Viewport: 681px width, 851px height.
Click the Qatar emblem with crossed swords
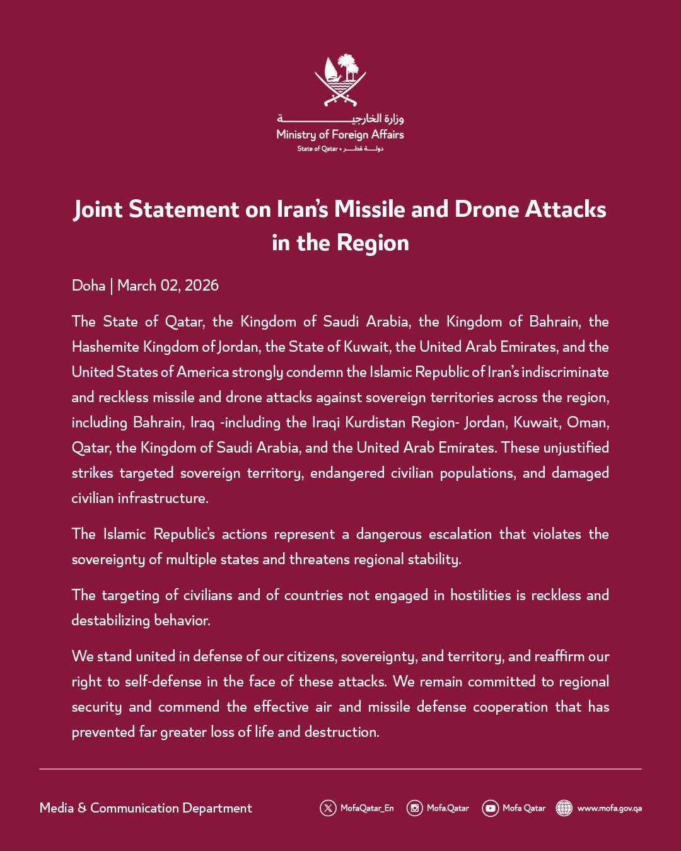(340, 80)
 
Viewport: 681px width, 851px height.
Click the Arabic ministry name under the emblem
(340, 119)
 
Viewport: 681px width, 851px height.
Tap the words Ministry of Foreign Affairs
(340, 134)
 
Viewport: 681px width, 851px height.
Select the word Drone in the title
(486, 209)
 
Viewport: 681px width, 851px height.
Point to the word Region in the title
(373, 243)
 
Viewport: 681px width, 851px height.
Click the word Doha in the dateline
(88, 286)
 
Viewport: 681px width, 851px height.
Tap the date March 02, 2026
(168, 286)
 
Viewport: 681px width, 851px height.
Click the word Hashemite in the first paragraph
(105, 347)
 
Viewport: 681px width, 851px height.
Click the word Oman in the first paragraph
(588, 422)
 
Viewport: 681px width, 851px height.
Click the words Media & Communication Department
(146, 808)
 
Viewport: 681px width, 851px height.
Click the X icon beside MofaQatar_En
(328, 808)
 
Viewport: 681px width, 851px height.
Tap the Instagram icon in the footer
(414, 808)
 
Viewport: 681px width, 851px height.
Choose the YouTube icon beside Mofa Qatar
(490, 808)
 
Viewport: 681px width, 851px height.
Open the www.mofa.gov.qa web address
(609, 808)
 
